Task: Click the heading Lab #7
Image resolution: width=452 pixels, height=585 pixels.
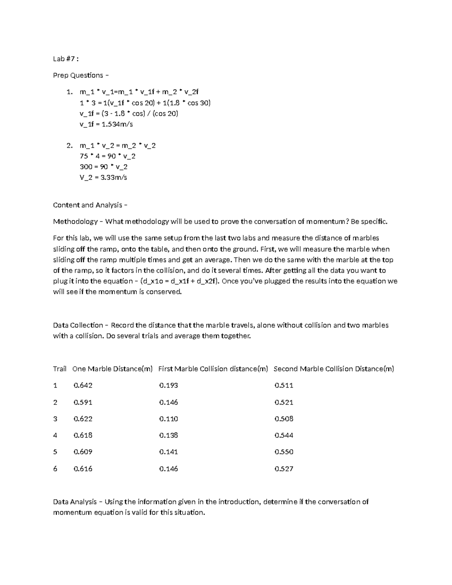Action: (66, 59)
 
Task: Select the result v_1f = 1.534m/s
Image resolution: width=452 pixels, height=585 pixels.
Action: (106, 124)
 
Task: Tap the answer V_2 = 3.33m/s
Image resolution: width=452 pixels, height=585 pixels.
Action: (103, 177)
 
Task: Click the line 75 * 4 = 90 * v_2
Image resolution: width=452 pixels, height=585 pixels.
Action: (107, 156)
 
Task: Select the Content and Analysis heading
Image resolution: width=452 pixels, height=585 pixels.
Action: (90, 205)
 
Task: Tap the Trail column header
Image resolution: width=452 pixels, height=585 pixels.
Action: (60, 369)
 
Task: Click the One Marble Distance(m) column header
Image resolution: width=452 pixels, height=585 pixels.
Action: (112, 369)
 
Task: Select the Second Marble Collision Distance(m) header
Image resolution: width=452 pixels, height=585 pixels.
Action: (334, 369)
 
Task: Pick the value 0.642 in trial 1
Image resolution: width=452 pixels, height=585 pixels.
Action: (83, 385)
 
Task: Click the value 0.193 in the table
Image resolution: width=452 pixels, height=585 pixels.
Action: (168, 385)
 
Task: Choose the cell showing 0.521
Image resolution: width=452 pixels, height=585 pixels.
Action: (284, 402)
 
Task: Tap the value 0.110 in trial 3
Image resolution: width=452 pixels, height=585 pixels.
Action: (168, 419)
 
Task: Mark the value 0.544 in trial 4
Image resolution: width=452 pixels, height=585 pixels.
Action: (284, 435)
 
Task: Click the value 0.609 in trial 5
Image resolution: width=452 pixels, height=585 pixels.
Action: (83, 452)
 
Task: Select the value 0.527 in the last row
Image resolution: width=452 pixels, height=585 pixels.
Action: (284, 469)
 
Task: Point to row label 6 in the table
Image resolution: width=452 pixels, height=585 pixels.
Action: (55, 469)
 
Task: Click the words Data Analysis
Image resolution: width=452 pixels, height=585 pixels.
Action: (75, 502)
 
